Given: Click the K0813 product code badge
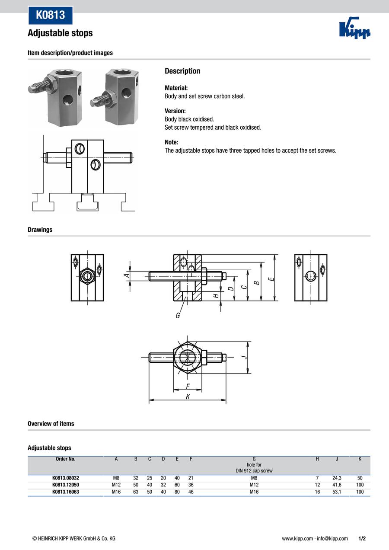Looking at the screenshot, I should pos(50,15).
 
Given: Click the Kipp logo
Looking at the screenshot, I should pos(355,29).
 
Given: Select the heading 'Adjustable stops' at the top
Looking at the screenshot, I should pos(60,33).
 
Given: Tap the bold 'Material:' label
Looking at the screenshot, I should pos(176,87).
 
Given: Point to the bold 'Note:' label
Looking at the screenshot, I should pos(171,142).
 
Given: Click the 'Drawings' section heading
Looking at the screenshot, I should pos(40,230).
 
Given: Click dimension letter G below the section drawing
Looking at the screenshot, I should pos(178,316).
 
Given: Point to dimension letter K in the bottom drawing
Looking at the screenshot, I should pos(188,396).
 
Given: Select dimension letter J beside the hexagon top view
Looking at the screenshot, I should pos(243,357).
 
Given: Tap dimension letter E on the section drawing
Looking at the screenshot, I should pos(271,279).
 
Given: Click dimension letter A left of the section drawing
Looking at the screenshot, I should pos(127,275).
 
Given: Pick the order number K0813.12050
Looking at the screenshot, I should pos(66,485).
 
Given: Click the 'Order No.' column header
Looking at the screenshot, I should pos(66,459).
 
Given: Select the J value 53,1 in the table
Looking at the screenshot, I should pos(337,492).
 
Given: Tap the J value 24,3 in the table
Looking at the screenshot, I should pos(337,478).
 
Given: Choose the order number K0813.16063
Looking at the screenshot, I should pos(66,492).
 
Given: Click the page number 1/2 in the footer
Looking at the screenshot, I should pos(362,538).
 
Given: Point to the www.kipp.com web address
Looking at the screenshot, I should pos(297,538).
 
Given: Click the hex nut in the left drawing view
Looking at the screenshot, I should pos(87,275).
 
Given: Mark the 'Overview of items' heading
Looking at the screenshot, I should pos(51,424).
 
